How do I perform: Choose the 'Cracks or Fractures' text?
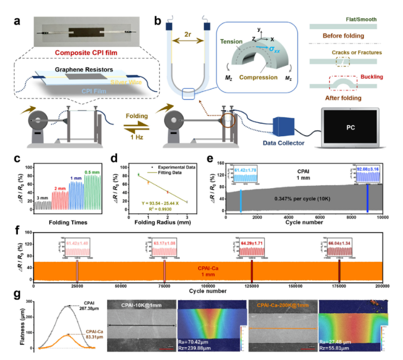click(x=356, y=52)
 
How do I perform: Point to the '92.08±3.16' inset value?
click(x=367, y=168)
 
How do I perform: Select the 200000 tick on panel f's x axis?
click(x=381, y=285)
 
